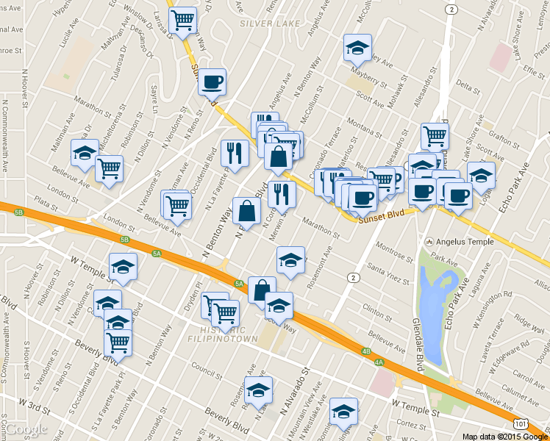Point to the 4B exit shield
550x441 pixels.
[365, 351]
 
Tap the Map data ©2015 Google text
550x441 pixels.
[505, 436]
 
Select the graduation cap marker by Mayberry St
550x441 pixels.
[358, 49]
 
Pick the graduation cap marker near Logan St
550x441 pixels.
[481, 176]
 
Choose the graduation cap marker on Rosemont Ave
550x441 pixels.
[291, 260]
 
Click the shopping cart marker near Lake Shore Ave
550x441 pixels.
[435, 135]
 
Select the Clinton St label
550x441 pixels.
[377, 310]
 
